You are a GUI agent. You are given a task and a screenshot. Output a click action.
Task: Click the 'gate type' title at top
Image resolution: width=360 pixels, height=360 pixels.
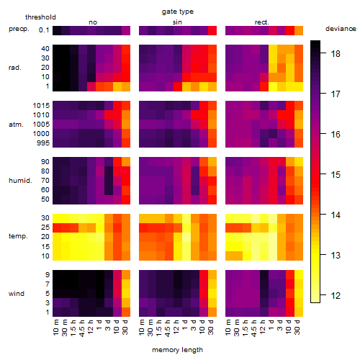pos(178,12)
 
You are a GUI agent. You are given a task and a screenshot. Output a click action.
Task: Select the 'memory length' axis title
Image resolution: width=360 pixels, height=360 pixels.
pos(177,350)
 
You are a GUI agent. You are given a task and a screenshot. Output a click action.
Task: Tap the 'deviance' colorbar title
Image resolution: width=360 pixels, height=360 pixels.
pos(341,29)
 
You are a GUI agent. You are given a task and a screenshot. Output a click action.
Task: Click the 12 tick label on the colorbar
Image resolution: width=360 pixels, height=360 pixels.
pos(336,295)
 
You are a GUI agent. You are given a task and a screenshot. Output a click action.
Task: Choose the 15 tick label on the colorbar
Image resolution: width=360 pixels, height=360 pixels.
pos(336,174)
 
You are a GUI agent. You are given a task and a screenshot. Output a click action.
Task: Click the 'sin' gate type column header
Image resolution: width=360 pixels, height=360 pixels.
pos(177,22)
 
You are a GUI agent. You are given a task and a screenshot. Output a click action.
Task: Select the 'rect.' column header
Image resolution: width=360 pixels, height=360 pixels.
pos(262,22)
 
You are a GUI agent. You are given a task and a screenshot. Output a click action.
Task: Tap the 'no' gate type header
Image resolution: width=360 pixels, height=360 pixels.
pos(93,22)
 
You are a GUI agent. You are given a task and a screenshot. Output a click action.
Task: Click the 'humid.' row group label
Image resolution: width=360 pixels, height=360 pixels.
pos(20,181)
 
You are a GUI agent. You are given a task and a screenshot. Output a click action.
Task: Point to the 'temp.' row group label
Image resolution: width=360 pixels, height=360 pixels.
pos(18,236)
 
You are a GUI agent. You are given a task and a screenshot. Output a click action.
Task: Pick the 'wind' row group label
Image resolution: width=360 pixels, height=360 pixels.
pos(17,294)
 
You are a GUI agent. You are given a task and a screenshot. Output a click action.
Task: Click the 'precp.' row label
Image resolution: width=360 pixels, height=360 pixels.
pos(19,30)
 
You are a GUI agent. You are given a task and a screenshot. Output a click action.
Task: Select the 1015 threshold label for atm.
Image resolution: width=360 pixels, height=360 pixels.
pos(41,106)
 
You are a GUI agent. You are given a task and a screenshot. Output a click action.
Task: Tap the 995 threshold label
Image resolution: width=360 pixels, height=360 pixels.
pos(43,143)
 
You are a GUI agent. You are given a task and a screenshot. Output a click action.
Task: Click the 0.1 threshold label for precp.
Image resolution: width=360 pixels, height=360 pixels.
pos(44,30)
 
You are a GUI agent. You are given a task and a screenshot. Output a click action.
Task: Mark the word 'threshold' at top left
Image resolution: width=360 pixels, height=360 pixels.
pos(40,17)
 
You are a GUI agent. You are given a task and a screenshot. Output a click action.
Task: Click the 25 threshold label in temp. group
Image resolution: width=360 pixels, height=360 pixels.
pos(45,228)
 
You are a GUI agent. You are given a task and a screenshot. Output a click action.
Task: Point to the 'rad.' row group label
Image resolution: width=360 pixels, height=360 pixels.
pos(15,68)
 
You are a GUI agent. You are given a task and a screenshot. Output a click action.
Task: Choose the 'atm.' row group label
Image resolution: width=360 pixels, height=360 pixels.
pos(16,125)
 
